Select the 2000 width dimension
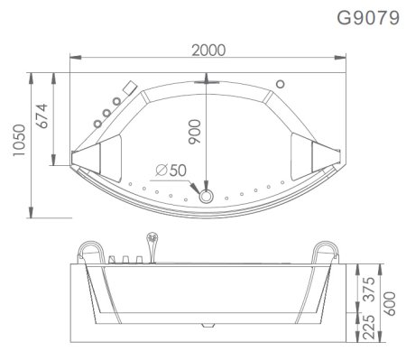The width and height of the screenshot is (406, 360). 208,50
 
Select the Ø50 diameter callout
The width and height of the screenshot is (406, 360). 171,169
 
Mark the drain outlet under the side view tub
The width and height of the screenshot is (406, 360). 207,322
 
